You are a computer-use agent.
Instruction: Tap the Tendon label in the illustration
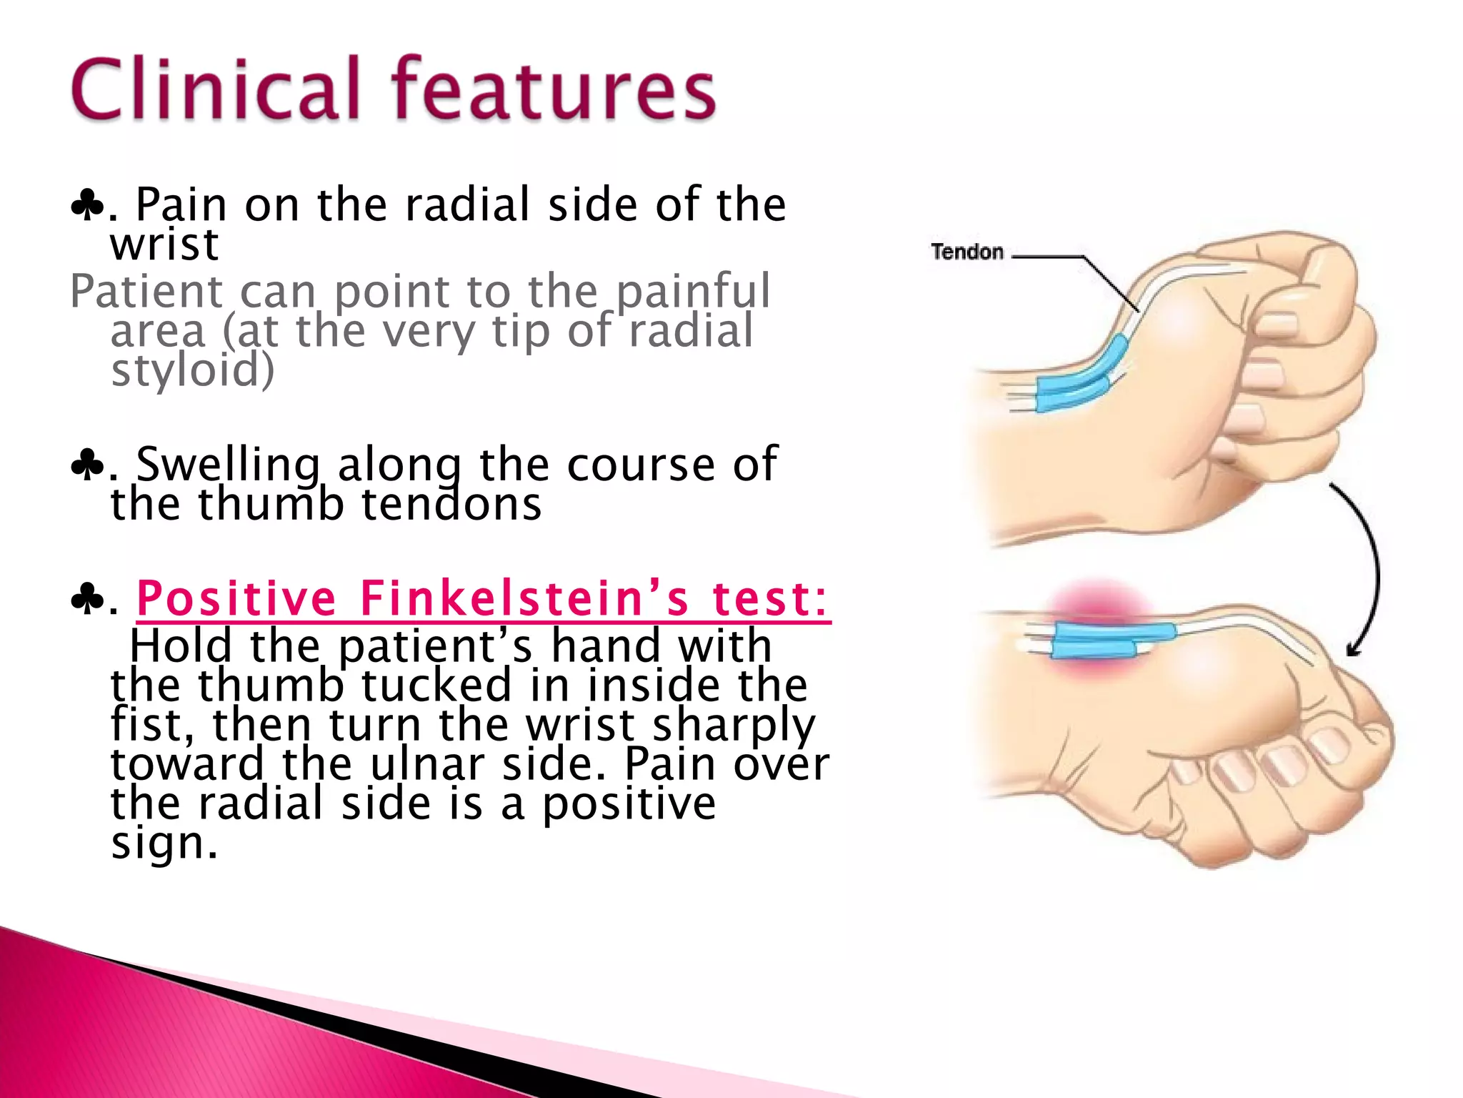[967, 252]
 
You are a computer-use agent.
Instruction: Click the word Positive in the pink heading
[236, 598]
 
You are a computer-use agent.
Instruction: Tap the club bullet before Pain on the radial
[87, 207]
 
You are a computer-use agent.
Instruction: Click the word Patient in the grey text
[146, 292]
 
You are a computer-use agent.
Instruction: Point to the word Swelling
[228, 465]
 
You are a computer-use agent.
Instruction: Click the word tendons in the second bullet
[451, 504]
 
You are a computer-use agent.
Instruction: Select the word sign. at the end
[164, 844]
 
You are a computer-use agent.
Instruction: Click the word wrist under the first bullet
[164, 245]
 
